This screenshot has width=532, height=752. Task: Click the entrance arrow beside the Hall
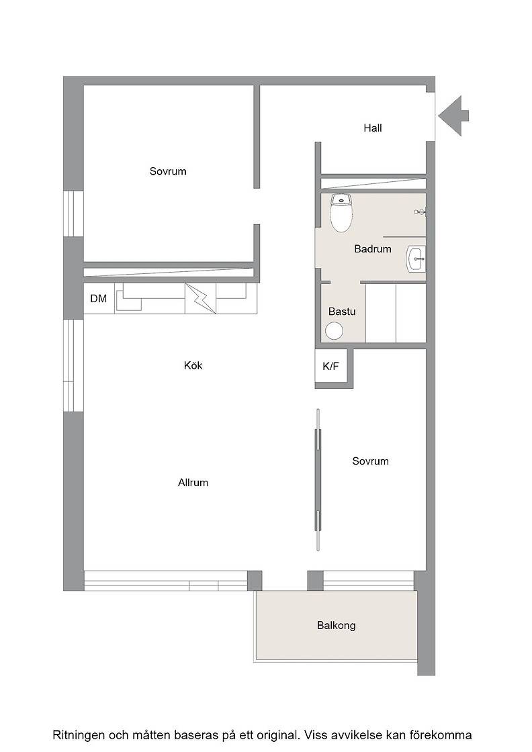(453, 115)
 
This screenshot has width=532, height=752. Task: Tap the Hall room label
(373, 128)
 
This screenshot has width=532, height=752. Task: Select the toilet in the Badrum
(341, 213)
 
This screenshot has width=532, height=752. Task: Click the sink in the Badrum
(415, 259)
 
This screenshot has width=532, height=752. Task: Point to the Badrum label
(373, 249)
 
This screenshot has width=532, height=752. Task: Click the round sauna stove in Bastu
(335, 331)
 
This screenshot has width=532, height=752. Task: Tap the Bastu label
(342, 312)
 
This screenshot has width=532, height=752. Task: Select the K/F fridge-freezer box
(331, 367)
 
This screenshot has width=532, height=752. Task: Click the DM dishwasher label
(98, 298)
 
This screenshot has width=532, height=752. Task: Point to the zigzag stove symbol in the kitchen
(201, 298)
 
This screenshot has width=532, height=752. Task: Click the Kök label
(193, 365)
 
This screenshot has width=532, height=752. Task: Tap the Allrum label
(193, 483)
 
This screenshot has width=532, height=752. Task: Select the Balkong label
(337, 625)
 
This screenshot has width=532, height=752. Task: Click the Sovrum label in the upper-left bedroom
(168, 171)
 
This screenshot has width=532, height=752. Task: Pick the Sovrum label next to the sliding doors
(370, 461)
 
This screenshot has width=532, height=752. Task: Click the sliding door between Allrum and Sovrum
(317, 480)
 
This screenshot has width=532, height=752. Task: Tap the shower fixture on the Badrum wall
(420, 211)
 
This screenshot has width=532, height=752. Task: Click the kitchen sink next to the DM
(130, 297)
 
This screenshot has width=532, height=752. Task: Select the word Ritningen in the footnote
(78, 735)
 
